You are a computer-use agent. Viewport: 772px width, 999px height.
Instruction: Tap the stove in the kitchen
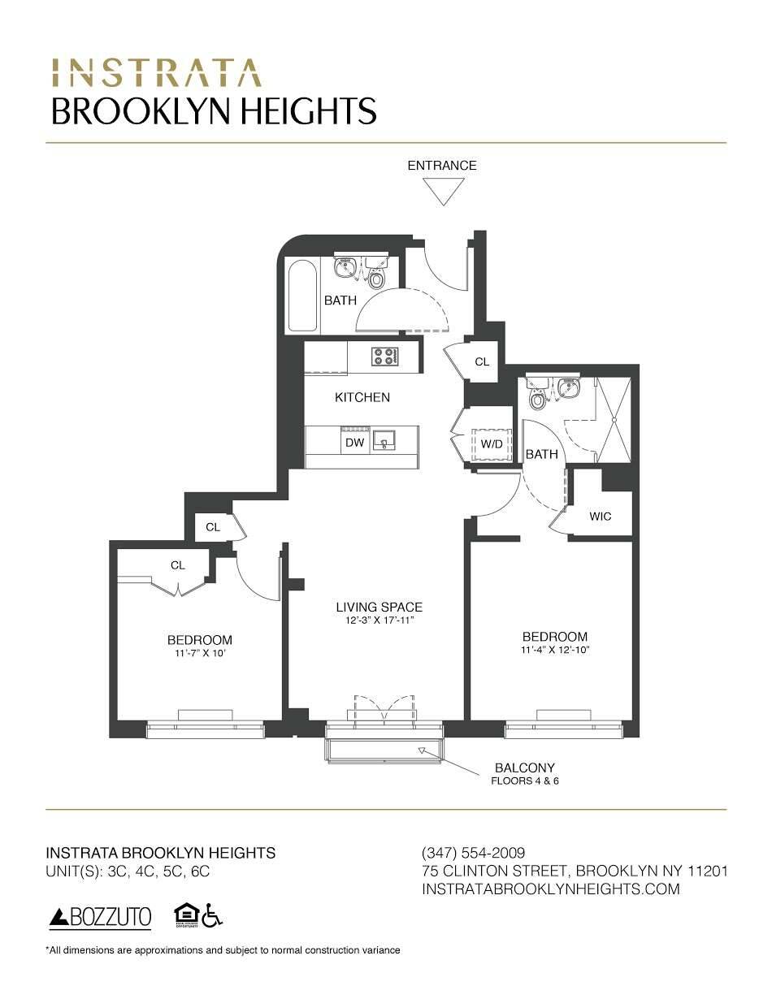[384, 356]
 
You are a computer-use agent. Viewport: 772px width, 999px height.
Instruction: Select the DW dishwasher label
[354, 443]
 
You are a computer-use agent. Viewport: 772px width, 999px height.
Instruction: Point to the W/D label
[492, 444]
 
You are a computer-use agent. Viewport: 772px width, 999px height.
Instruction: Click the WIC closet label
[600, 517]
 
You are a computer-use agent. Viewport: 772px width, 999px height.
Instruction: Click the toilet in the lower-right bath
[537, 399]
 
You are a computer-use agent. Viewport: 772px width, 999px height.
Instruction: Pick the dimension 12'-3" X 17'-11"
[379, 621]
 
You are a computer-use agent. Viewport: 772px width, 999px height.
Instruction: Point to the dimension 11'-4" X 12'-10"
[554, 651]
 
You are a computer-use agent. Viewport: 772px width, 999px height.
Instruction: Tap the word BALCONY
[525, 768]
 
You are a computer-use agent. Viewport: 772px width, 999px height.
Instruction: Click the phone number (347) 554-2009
[474, 853]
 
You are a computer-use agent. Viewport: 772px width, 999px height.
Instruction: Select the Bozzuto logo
[101, 918]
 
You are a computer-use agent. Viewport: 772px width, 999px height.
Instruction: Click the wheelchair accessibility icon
[213, 915]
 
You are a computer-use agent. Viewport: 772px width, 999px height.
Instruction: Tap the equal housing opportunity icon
[185, 915]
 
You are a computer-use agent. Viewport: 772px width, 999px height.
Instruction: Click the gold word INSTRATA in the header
[156, 73]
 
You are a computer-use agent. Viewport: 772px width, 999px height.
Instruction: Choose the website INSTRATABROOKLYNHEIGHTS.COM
[551, 889]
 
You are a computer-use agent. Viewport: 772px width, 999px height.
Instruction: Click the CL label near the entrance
[482, 362]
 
